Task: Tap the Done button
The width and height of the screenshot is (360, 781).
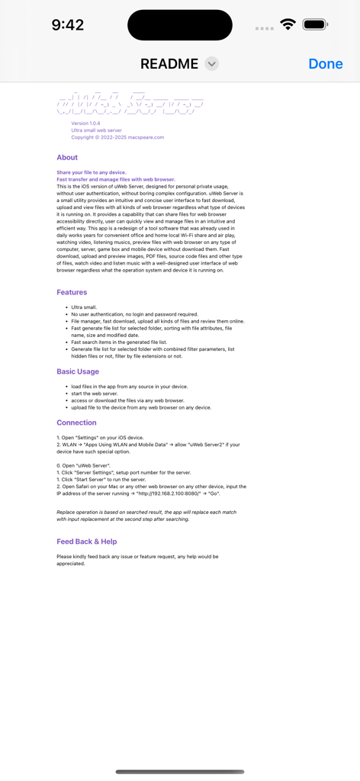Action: [326, 64]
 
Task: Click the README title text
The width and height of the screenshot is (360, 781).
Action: [169, 64]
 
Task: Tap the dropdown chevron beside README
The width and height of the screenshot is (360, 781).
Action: [212, 64]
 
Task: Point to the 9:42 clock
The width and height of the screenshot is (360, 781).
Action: [67, 25]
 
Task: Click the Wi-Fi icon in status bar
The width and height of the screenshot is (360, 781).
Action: [288, 24]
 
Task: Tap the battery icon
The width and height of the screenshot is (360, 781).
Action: [314, 24]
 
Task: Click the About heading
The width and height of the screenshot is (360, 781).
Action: [67, 157]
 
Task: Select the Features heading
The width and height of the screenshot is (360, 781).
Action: [72, 292]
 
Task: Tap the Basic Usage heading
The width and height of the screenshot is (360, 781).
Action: [78, 371]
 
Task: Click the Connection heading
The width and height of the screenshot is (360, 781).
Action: [76, 423]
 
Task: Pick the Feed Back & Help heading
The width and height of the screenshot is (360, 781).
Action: [87, 542]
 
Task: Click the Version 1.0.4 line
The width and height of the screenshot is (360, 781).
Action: [85, 123]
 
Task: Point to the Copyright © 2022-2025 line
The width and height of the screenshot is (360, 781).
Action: [117, 137]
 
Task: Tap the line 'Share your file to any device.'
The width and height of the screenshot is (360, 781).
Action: [92, 172]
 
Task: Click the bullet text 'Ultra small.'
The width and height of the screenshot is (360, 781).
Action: [84, 307]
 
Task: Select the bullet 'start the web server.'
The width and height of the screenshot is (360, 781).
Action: [99, 394]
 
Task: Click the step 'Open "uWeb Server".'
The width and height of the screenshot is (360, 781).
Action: [85, 465]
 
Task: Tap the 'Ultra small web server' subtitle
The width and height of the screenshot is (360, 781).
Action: [96, 130]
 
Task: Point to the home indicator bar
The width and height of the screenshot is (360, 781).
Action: [180, 772]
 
